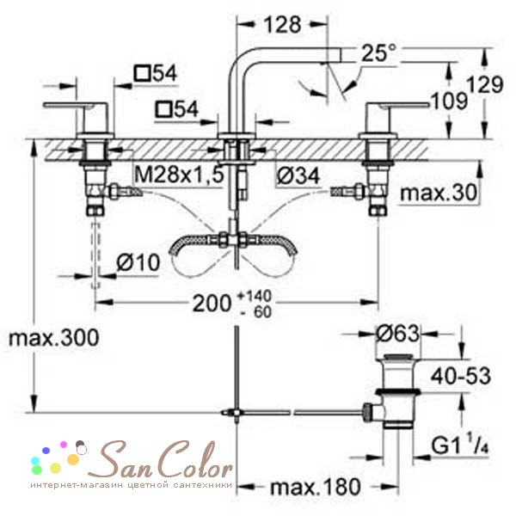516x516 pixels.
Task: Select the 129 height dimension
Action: click(486, 84)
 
